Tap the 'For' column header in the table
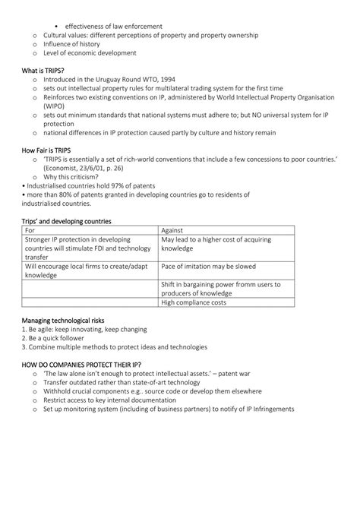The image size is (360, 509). pyautogui.click(x=30, y=230)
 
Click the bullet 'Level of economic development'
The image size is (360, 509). pyautogui.click(x=90, y=53)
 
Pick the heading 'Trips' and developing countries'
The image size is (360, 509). pyautogui.click(x=67, y=221)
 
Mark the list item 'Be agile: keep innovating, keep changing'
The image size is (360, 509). pyautogui.click(x=85, y=329)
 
